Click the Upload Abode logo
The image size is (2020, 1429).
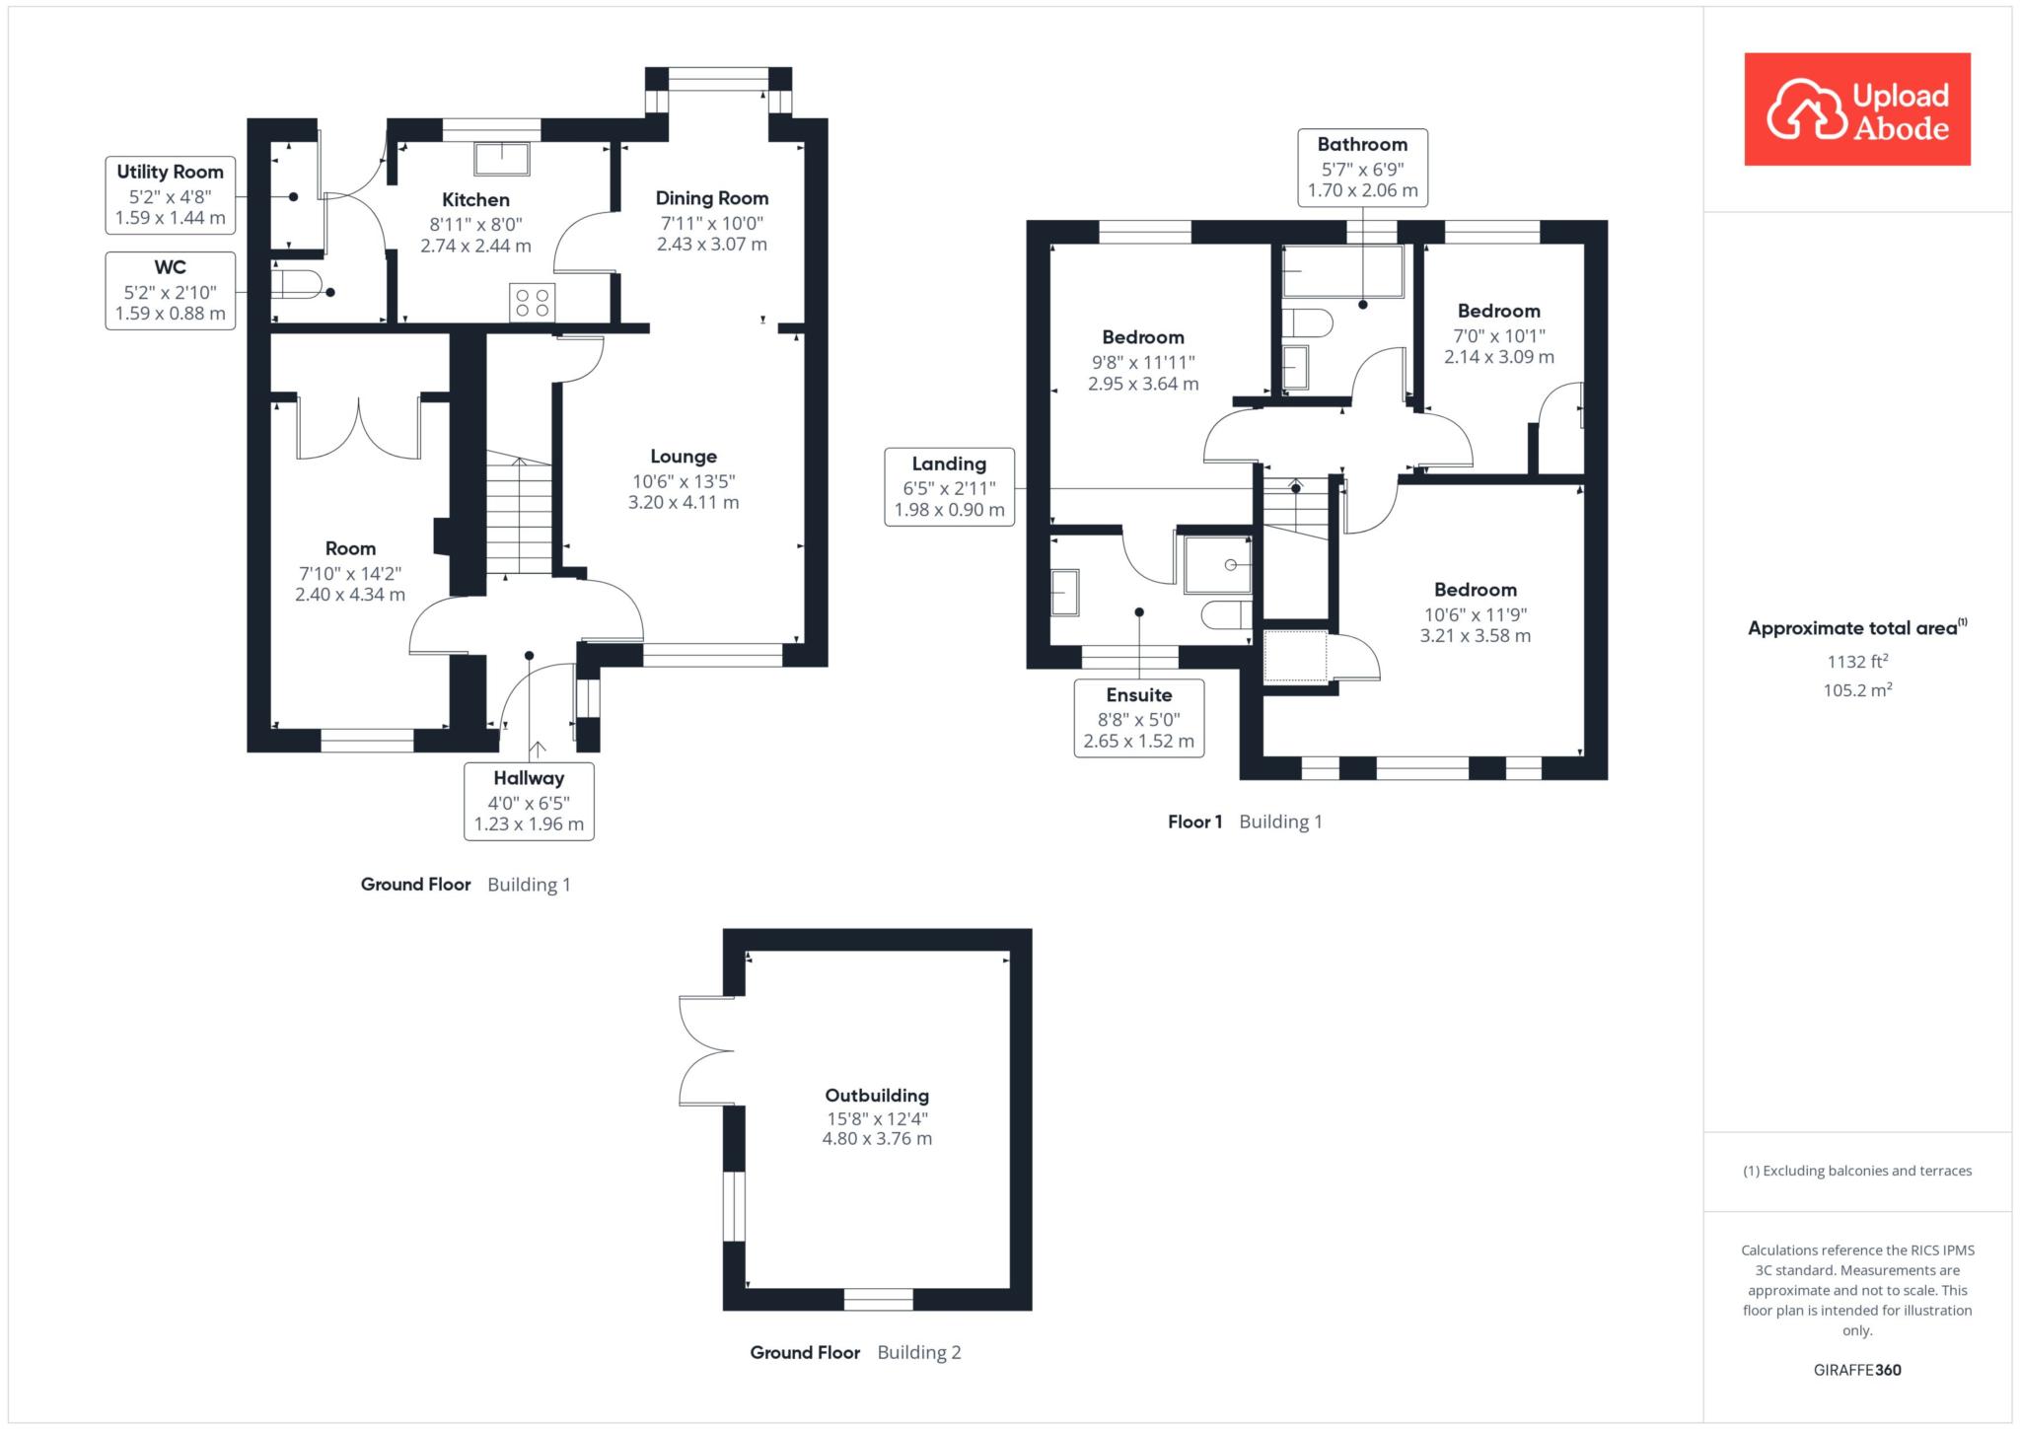coord(1857,109)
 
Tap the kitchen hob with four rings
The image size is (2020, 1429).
coord(533,302)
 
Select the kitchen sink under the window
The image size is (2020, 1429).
coord(502,158)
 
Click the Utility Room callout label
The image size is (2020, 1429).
coord(171,194)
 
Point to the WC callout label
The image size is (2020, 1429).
coord(171,290)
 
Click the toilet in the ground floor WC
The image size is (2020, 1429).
coord(296,284)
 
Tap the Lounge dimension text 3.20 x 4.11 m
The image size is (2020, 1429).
coord(684,502)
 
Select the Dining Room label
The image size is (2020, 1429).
coord(712,198)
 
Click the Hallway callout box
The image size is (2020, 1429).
coord(530,801)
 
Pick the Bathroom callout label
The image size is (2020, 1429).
coord(1363,167)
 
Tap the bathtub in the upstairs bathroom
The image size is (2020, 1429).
coord(1342,271)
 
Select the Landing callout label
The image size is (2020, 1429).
coord(950,486)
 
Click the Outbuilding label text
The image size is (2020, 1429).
coord(877,1096)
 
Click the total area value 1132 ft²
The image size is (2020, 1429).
coord(1857,663)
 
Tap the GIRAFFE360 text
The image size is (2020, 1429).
coord(1857,1370)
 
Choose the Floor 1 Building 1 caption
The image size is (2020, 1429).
coord(1245,822)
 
